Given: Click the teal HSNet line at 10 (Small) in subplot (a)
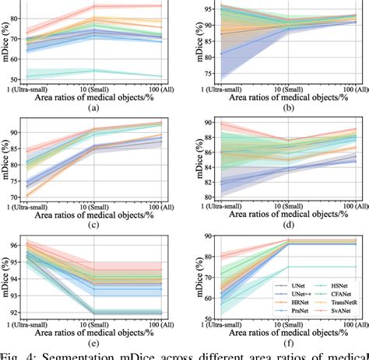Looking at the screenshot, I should coord(94,70).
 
